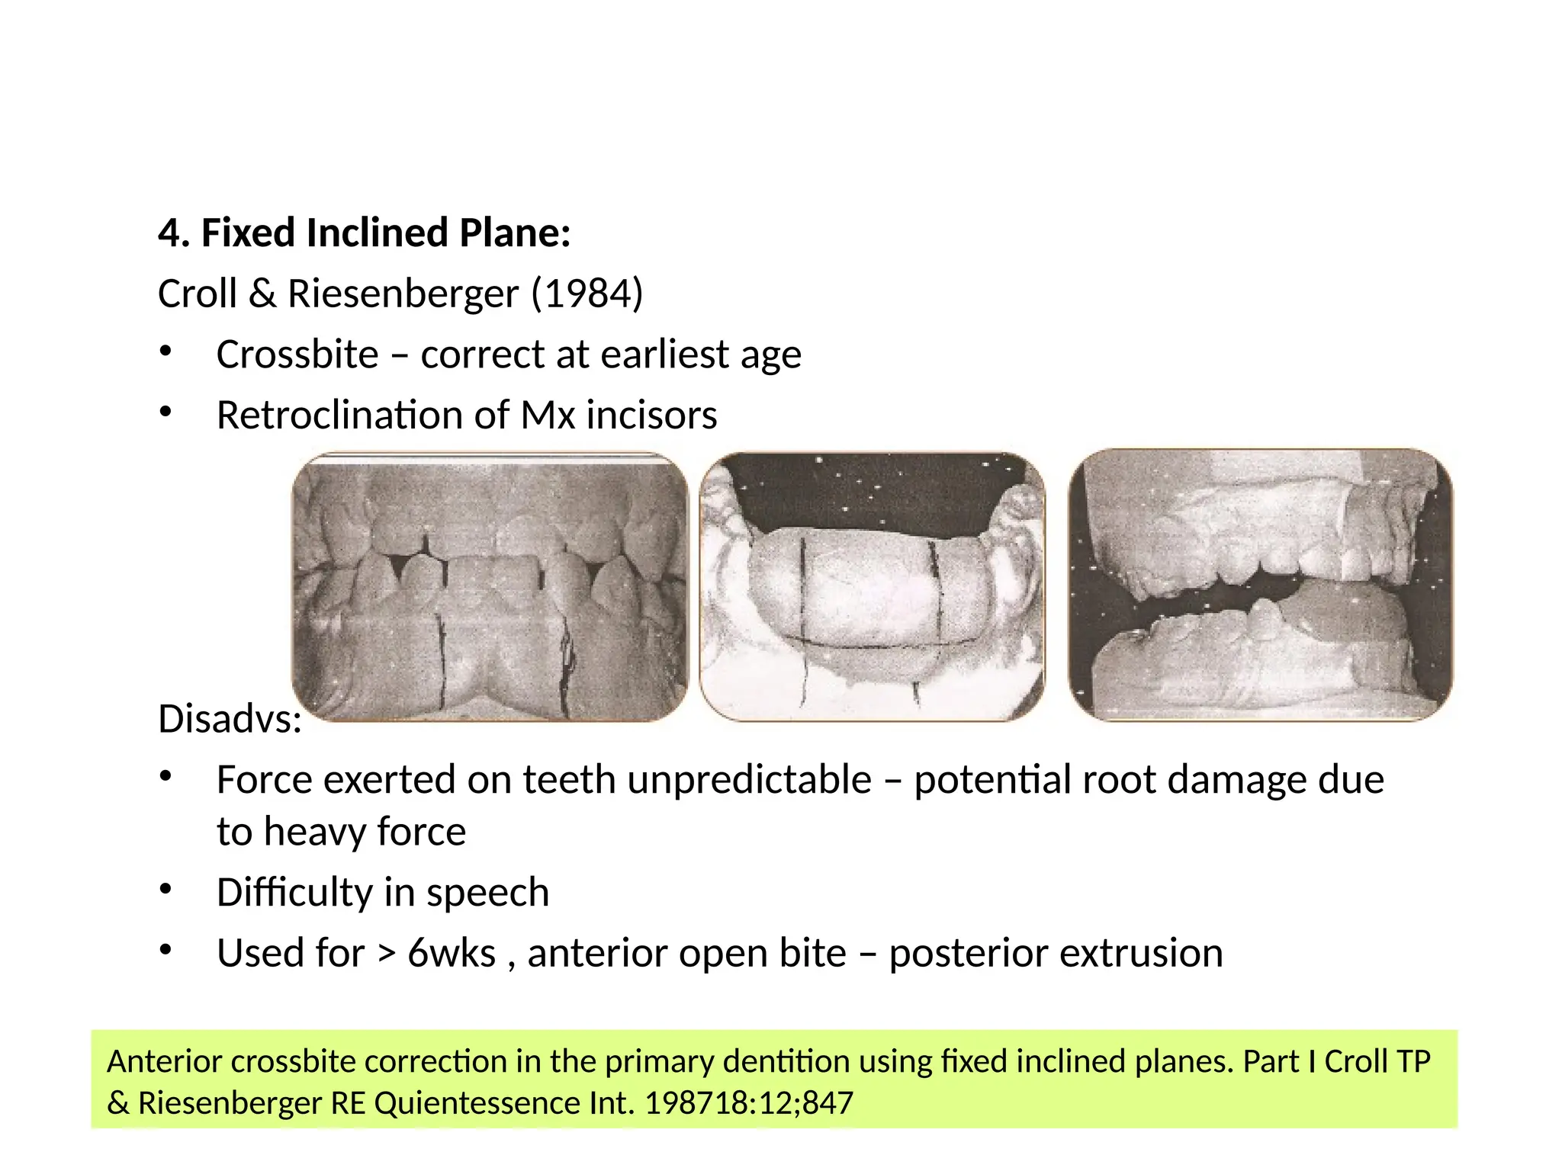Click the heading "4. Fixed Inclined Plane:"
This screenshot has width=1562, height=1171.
tap(364, 233)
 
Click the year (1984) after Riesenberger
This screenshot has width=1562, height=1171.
tap(587, 294)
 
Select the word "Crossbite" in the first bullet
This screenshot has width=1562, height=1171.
tap(297, 355)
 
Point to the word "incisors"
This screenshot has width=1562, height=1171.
tap(651, 415)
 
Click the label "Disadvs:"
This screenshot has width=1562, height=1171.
tap(230, 719)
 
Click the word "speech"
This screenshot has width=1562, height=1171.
tap(487, 892)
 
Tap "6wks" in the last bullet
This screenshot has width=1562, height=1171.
tap(452, 953)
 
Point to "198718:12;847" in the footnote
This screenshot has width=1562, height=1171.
tap(749, 1103)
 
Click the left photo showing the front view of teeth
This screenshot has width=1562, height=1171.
tap(490, 587)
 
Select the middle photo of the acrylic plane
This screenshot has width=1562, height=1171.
tap(872, 587)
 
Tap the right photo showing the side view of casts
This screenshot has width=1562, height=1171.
tap(1260, 585)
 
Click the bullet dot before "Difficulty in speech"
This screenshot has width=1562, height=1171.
tap(166, 889)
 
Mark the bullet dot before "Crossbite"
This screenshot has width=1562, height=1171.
tap(166, 351)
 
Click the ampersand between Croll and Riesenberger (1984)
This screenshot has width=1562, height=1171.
tap(262, 294)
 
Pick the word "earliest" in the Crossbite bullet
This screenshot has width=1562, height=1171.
tap(665, 355)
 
